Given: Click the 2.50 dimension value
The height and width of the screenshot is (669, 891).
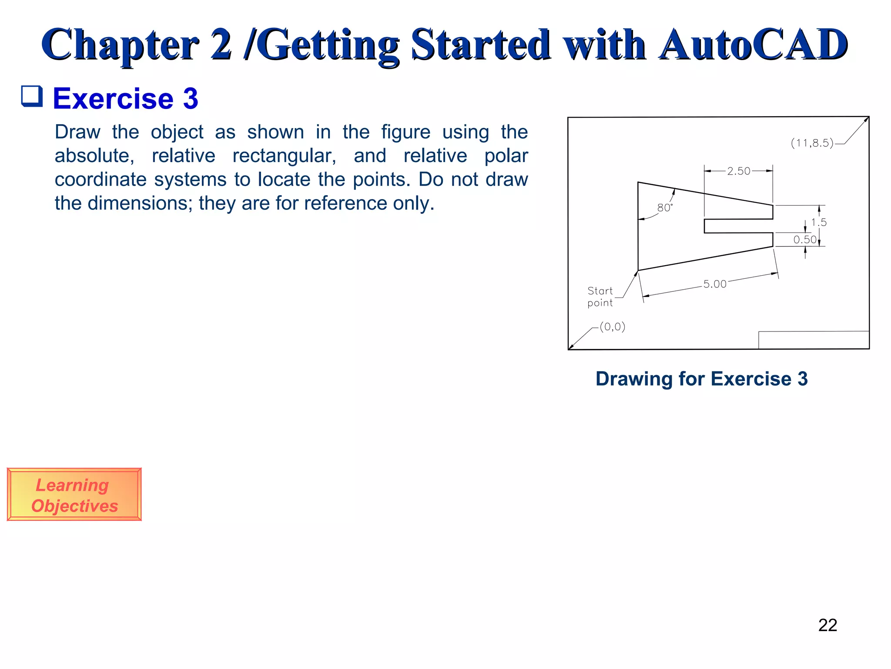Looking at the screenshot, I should point(739,171).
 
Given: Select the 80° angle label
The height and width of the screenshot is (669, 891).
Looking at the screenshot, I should point(664,208).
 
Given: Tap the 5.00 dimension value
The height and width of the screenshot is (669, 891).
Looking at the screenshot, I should point(715,284).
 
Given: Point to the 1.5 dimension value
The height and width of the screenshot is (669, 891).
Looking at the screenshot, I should point(818,222).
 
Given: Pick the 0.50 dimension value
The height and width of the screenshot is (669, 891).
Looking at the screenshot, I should point(804,240).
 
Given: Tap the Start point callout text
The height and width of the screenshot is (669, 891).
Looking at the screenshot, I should point(600,297).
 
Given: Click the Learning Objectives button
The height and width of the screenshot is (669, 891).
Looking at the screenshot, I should point(74,495).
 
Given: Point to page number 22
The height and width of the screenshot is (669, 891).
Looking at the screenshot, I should point(827,625).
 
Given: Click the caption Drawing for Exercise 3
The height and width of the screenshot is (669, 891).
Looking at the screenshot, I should point(701,378).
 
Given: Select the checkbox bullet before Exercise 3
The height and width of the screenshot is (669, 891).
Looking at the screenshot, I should point(32,96).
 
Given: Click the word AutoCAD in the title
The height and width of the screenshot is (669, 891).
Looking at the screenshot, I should point(753,44).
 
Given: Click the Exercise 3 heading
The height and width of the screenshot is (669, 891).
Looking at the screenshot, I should point(125,98).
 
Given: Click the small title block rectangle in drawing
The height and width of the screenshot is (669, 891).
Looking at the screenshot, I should point(814,340).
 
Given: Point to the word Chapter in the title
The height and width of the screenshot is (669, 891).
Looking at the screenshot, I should point(120,44).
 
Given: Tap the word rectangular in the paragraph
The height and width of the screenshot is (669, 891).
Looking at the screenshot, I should point(284,156).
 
